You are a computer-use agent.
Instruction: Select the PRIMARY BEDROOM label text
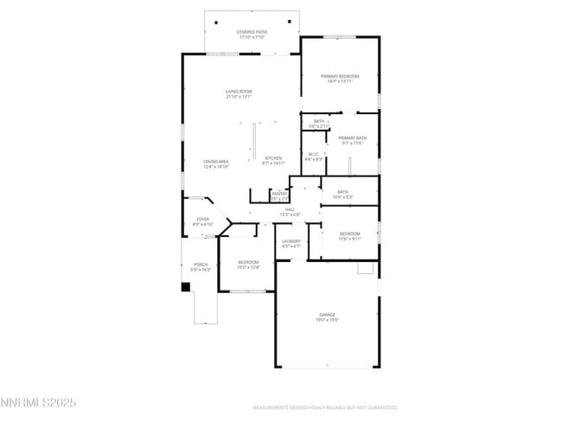[339, 77]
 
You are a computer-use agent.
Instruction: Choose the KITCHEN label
[273, 158]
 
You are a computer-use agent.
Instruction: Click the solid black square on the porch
[185, 286]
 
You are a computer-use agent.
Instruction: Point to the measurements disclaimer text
[325, 406]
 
